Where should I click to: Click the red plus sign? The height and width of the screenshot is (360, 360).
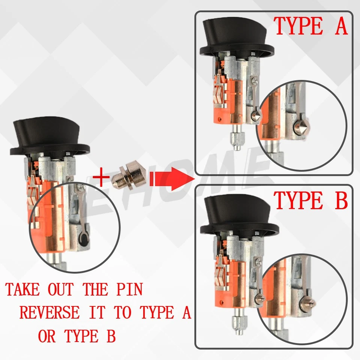pyautogui.click(x=101, y=177)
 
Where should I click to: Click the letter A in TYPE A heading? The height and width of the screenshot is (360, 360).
pyautogui.click(x=341, y=26)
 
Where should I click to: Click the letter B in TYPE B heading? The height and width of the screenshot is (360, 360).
pyautogui.click(x=341, y=200)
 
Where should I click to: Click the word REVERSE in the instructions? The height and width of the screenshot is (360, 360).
pyautogui.click(x=49, y=312)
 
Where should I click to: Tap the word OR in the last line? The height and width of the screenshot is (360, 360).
pyautogui.click(x=47, y=336)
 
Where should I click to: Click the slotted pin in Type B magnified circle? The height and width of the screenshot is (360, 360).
pyautogui.click(x=307, y=304)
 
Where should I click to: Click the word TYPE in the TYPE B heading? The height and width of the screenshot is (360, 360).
pyautogui.click(x=298, y=200)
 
